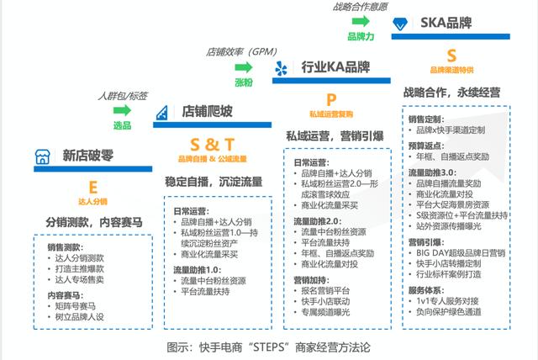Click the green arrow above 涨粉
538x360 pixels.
(244, 66)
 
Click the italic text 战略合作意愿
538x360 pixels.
(361, 8)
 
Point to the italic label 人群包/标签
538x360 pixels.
(124, 94)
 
